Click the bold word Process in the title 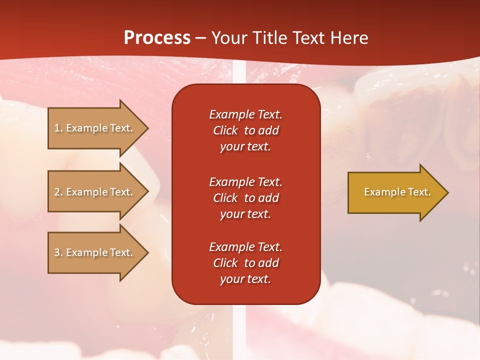157,38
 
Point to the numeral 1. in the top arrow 58,128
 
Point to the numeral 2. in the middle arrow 58,192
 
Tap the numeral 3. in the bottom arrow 58,252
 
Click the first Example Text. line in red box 245,114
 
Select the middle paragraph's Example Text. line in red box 245,182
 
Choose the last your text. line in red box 245,279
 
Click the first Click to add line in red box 245,130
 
